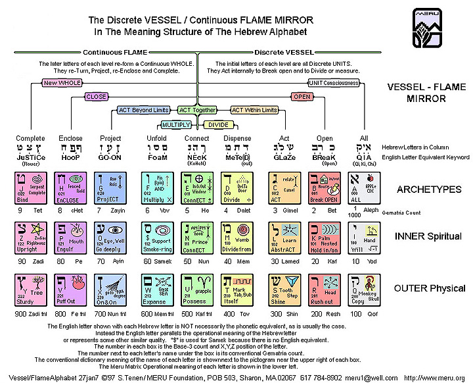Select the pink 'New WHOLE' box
pos(60,84)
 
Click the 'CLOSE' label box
pos(97,97)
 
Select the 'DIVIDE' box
pos(219,124)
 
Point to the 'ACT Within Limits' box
pos(252,110)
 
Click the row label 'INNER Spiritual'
pos(430,237)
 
